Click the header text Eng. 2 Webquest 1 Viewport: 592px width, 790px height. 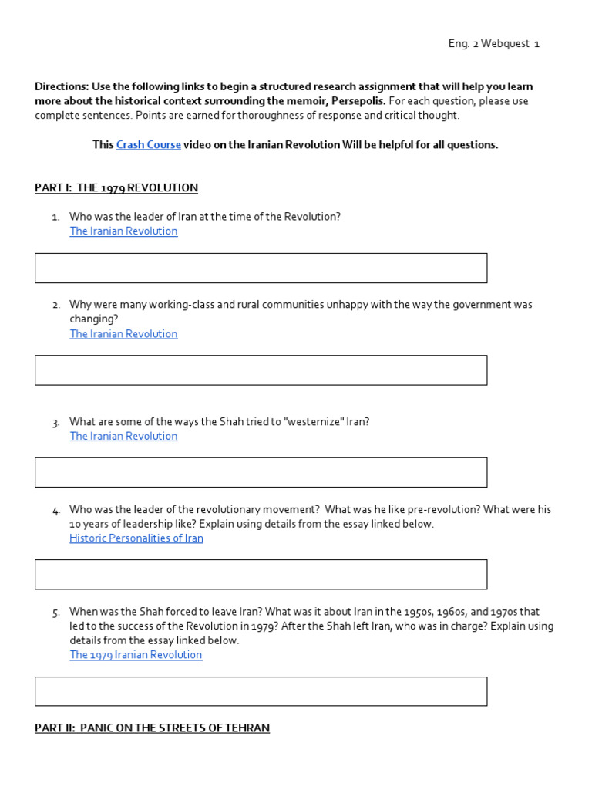click(x=493, y=44)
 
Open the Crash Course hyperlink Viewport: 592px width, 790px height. click(x=148, y=145)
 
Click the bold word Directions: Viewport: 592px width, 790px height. click(x=62, y=86)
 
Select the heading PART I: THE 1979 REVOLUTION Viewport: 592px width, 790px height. click(x=116, y=187)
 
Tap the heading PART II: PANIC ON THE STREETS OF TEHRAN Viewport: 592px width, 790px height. click(x=152, y=728)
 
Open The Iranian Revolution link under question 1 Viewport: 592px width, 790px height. click(x=123, y=231)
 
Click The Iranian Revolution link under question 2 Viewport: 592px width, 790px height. click(x=123, y=334)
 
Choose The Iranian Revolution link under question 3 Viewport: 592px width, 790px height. click(x=123, y=436)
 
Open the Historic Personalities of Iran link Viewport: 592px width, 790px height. click(x=136, y=538)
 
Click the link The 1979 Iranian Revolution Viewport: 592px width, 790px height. click(x=136, y=655)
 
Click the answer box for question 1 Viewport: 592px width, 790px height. click(x=261, y=268)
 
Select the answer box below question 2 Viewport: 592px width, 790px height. click(x=261, y=370)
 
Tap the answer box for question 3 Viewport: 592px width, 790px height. click(x=261, y=472)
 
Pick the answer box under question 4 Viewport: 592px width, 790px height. click(x=261, y=575)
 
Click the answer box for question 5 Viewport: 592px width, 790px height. click(x=261, y=691)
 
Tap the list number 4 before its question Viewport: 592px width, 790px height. click(x=56, y=511)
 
